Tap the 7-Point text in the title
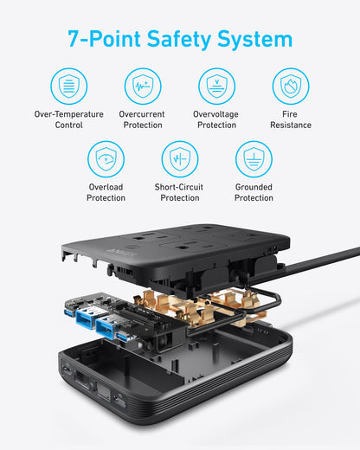[100, 39]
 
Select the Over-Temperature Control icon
[68, 87]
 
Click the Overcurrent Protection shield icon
[142, 87]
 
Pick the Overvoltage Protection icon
[216, 87]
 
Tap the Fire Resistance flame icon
[291, 87]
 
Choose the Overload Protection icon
[106, 159]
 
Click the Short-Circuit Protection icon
[179, 159]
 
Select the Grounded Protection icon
[254, 159]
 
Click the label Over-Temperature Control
[68, 119]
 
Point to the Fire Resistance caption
[291, 119]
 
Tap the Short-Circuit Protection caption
[179, 192]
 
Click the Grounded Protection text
[254, 192]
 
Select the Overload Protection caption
[106, 192]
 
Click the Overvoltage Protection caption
[216, 119]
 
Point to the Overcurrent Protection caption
[142, 119]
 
